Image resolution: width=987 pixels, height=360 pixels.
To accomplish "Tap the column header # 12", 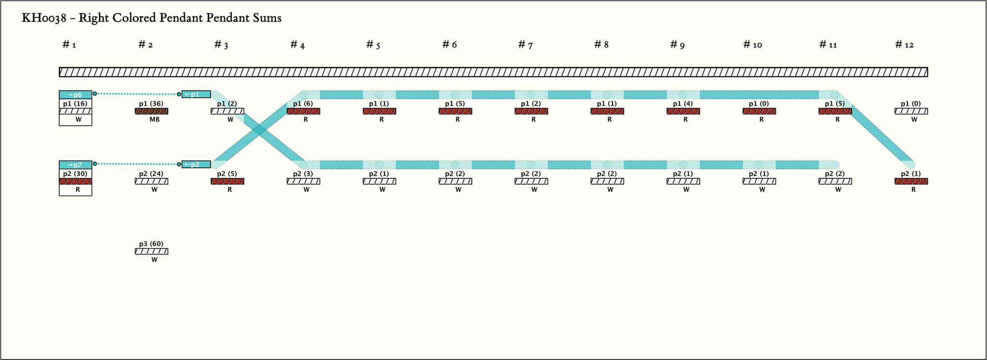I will tap(904, 45).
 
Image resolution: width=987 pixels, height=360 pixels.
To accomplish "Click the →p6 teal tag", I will tap(75, 94).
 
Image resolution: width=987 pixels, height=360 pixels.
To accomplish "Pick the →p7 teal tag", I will tap(75, 165).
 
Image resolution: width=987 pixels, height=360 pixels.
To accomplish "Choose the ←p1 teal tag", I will tap(196, 94).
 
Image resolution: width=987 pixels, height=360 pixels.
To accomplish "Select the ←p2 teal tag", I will tap(196, 164).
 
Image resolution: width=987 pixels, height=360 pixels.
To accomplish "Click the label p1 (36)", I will tap(151, 104).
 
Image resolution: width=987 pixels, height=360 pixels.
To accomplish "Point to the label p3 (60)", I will tap(151, 244).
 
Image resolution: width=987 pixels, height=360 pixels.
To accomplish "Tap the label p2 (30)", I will tap(75, 174).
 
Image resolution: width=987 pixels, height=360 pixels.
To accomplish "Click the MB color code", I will tap(154, 120).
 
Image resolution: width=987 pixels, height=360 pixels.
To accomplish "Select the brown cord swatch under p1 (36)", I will tap(151, 111).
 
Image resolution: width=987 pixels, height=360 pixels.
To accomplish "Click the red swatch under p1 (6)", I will tap(303, 111).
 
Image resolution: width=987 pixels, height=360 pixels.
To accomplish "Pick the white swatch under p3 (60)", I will tap(151, 252).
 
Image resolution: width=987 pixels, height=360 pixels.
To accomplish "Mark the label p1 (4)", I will tap(682, 104).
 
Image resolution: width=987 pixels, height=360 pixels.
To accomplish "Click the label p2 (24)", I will tap(151, 174).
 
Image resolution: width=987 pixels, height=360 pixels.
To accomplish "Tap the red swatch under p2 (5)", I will tap(227, 182).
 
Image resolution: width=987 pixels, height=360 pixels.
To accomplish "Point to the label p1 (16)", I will tap(75, 104).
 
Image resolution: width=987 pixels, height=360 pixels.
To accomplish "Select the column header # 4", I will tap(297, 45).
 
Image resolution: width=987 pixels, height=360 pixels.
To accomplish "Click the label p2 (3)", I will tap(303, 174).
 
